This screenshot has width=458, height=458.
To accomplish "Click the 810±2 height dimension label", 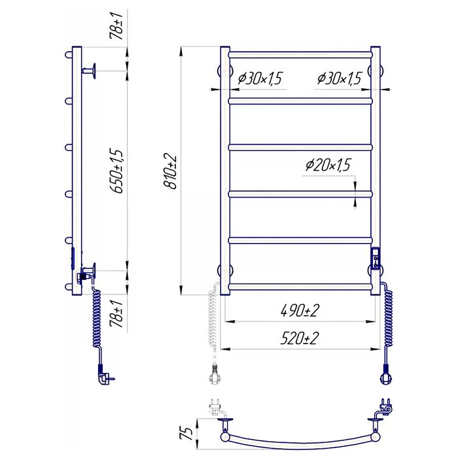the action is [x=170, y=172].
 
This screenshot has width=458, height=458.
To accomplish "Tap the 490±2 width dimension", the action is [x=300, y=311].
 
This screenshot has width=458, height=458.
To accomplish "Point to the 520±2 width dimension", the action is [x=300, y=338].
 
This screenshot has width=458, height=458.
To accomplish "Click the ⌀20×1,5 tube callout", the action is [x=328, y=165].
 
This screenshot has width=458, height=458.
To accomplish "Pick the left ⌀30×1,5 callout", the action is [x=260, y=79].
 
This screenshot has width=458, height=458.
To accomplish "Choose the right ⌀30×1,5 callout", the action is [x=340, y=79].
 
